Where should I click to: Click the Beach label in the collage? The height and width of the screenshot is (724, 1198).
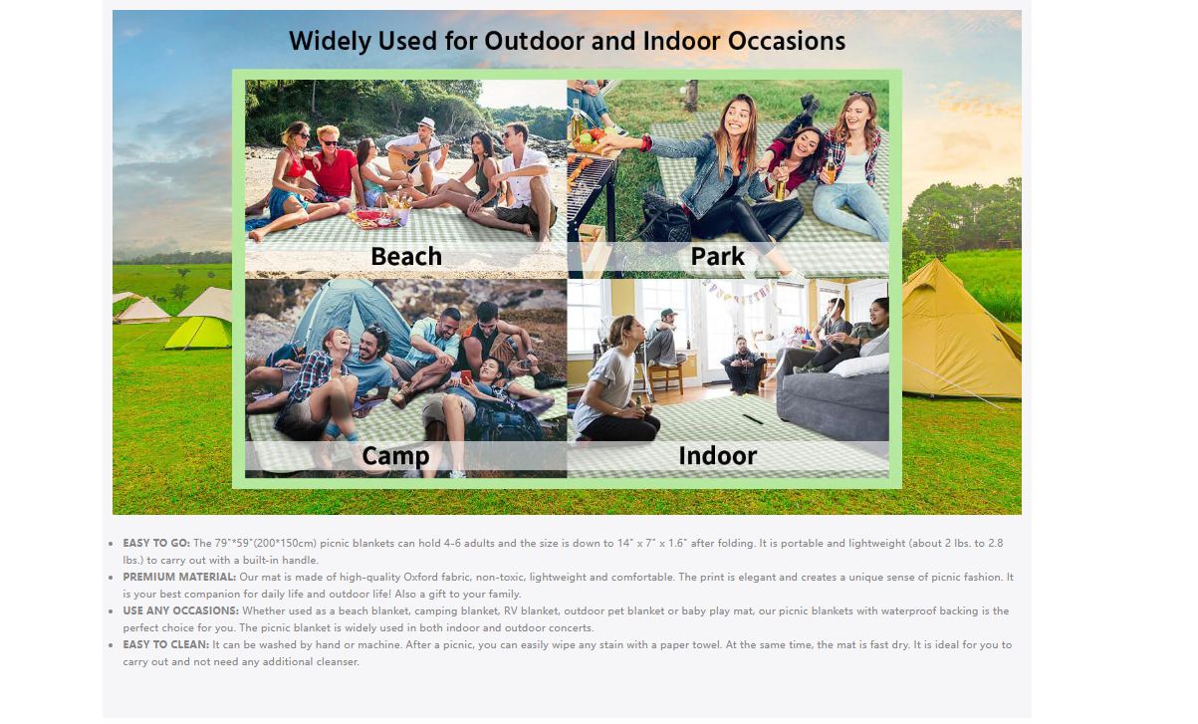tap(406, 256)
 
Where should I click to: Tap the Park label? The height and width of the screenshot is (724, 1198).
tap(717, 256)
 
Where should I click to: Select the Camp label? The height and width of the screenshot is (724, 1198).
tap(395, 456)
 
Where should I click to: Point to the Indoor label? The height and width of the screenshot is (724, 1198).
tap(718, 455)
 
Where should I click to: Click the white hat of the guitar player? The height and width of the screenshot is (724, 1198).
tap(426, 122)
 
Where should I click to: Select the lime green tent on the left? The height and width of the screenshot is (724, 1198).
tap(199, 332)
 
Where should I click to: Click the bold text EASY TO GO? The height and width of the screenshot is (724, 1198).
tap(156, 544)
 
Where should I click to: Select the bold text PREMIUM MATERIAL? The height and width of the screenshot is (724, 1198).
tap(179, 578)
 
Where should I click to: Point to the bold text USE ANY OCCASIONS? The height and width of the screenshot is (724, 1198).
tap(181, 611)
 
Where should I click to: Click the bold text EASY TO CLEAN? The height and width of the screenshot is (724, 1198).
tap(165, 645)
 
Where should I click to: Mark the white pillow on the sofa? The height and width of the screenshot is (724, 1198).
tap(861, 364)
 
